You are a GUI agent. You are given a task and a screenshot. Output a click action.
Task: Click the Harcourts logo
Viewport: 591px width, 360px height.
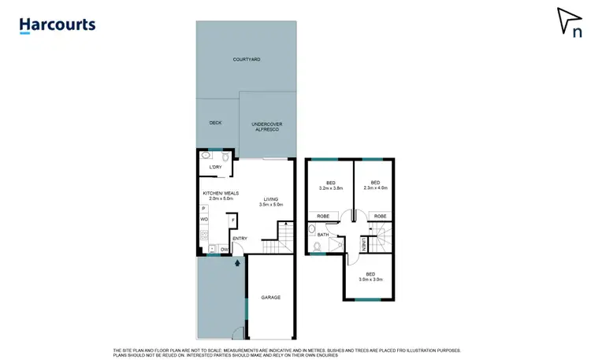(x=58, y=25)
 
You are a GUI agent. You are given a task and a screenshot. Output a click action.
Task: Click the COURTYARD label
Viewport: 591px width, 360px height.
(x=247, y=60)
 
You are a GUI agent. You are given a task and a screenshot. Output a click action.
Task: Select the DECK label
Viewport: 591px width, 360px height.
(x=215, y=123)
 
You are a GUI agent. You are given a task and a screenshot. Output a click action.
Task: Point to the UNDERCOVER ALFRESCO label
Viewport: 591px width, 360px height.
(x=266, y=127)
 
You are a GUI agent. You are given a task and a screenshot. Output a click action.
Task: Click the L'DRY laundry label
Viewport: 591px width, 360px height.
(x=216, y=168)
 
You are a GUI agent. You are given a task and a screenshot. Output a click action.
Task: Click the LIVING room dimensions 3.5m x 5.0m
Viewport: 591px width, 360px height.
(x=271, y=205)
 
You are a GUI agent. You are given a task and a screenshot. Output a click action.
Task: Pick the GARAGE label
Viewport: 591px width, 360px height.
(x=271, y=297)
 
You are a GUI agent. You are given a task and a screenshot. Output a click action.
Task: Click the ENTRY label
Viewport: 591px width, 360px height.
(x=240, y=239)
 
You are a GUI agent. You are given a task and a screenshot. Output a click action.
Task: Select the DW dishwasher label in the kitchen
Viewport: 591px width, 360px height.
(x=225, y=250)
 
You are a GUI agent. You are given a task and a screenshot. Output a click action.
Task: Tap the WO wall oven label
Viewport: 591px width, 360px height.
(x=203, y=219)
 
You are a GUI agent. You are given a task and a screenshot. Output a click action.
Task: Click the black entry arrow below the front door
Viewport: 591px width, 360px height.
(x=236, y=264)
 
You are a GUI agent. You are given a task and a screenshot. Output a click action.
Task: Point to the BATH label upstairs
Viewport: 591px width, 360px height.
(x=323, y=234)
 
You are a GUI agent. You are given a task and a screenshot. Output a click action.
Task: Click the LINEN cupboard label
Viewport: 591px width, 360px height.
(x=363, y=246)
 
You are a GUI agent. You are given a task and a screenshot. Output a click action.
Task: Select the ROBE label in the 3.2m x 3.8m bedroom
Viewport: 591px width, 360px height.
(x=323, y=216)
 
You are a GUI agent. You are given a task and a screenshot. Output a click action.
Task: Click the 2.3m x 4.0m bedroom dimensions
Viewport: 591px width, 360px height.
(x=375, y=187)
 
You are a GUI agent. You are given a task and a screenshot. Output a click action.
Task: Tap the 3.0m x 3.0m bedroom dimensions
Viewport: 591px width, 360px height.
(x=371, y=279)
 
